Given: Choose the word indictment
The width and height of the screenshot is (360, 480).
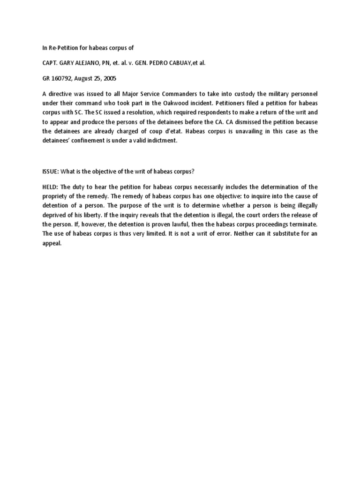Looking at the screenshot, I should tap(160, 140).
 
